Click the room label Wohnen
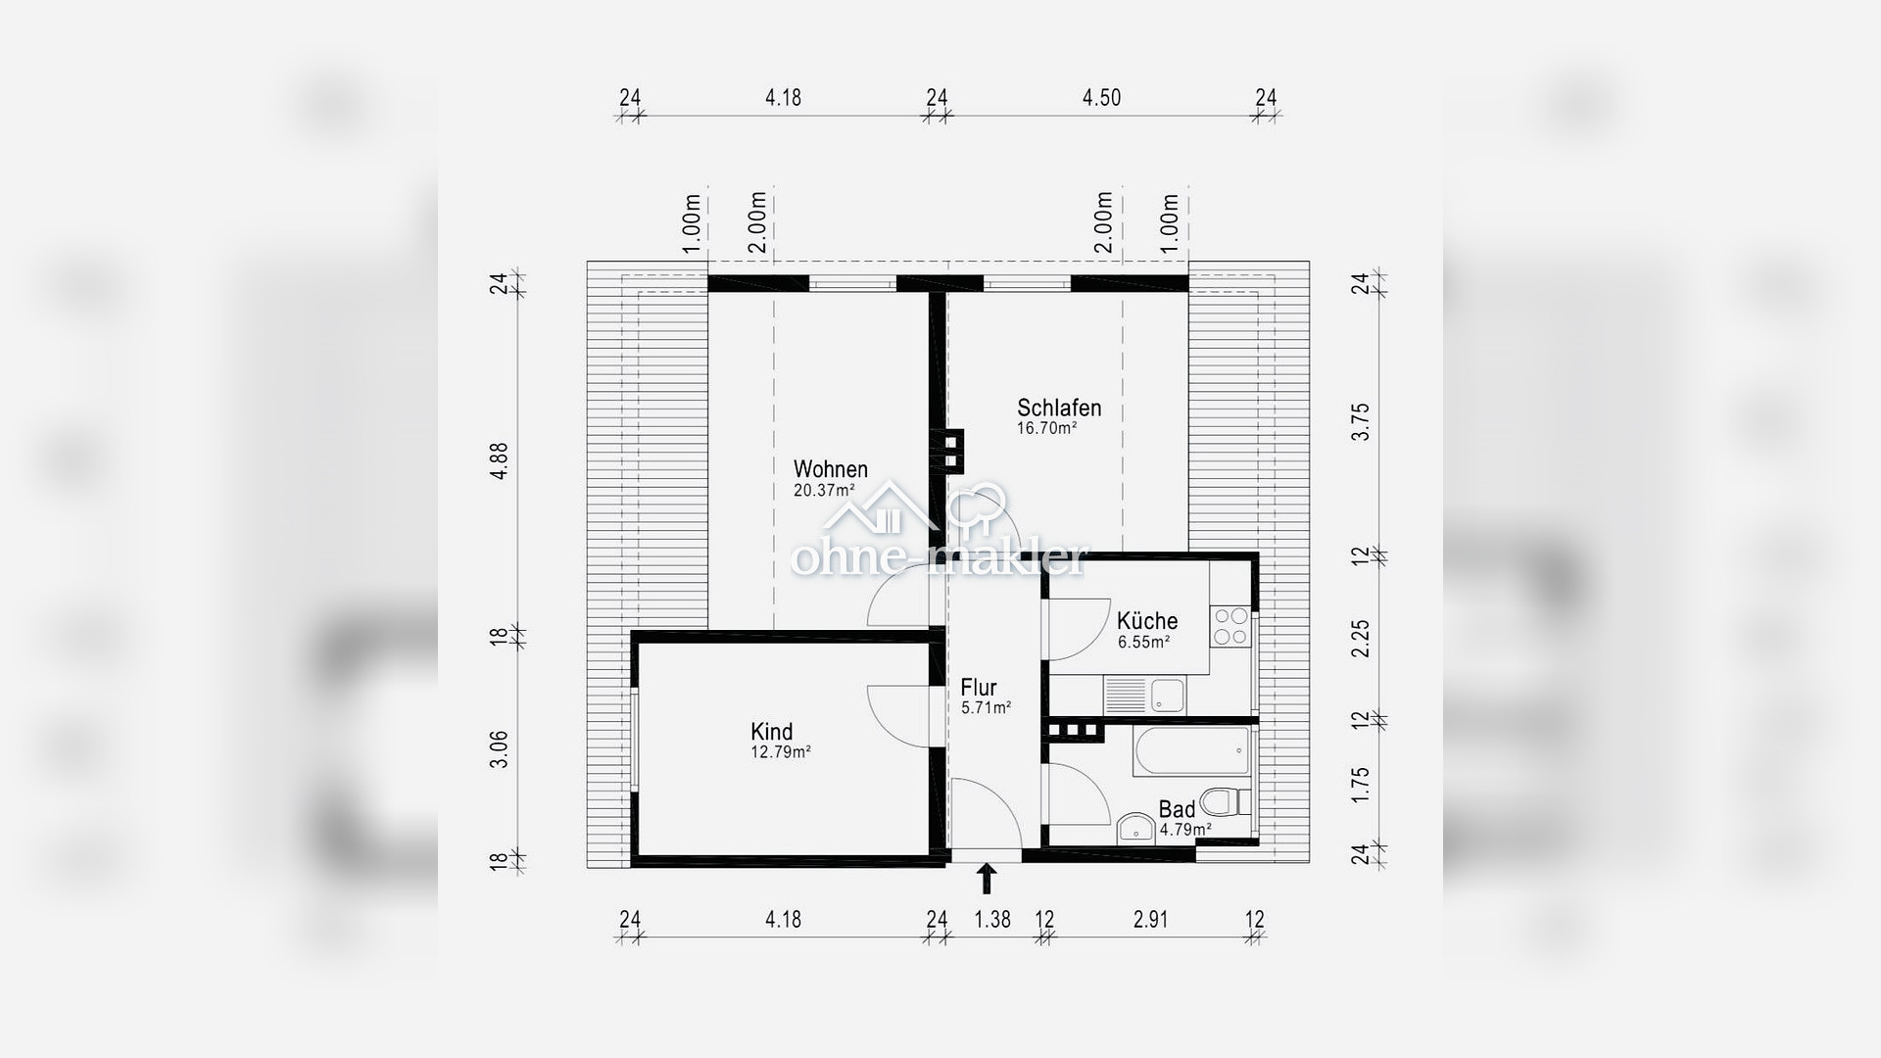[831, 469]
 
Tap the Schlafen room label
[1059, 408]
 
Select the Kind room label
[772, 732]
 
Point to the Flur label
[979, 687]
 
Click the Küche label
[1147, 620]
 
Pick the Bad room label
[1177, 809]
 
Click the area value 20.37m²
[824, 491]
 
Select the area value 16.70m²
[1047, 428]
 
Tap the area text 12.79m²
[781, 752]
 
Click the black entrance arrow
[987, 879]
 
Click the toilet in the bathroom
[1226, 801]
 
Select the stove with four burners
[1231, 627]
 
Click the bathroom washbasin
[1135, 828]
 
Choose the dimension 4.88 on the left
[501, 460]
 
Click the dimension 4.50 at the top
[1101, 98]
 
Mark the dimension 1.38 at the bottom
[992, 920]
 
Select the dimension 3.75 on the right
[1361, 422]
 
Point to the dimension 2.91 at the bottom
[1150, 920]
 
